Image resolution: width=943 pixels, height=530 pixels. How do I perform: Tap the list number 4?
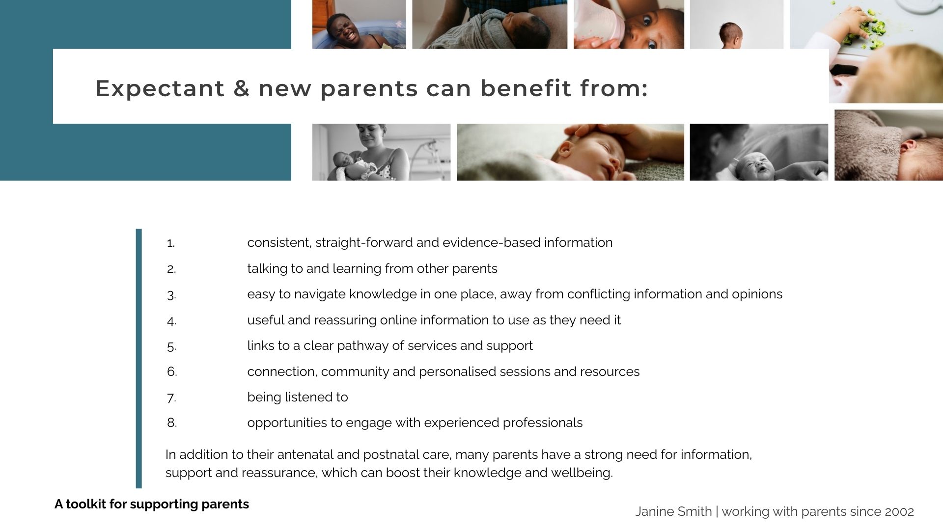171,321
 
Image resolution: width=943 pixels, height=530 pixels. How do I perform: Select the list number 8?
171,423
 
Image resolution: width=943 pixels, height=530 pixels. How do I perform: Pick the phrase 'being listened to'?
298,397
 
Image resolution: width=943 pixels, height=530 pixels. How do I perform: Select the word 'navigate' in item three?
320,294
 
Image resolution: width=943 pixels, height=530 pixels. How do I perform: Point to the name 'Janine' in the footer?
653,512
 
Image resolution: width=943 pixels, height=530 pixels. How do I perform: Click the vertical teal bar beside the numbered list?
139,359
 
